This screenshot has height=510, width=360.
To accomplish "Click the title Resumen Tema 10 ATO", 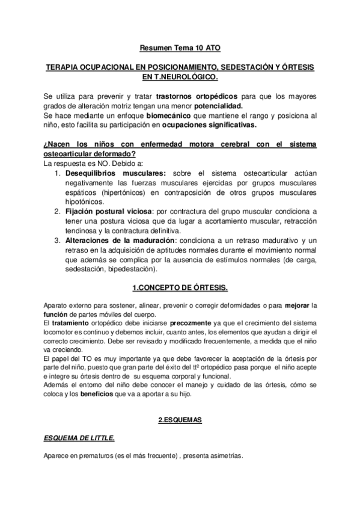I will (x=180, y=46).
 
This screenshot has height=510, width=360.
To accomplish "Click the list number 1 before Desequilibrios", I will (x=56, y=173).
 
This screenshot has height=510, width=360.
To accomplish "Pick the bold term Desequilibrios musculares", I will (x=107, y=173).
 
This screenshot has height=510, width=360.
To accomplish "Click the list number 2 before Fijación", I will (x=56, y=212).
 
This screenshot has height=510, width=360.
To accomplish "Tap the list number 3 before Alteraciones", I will (x=56, y=241).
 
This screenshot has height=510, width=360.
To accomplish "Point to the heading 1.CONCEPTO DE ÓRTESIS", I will (x=180, y=289).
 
